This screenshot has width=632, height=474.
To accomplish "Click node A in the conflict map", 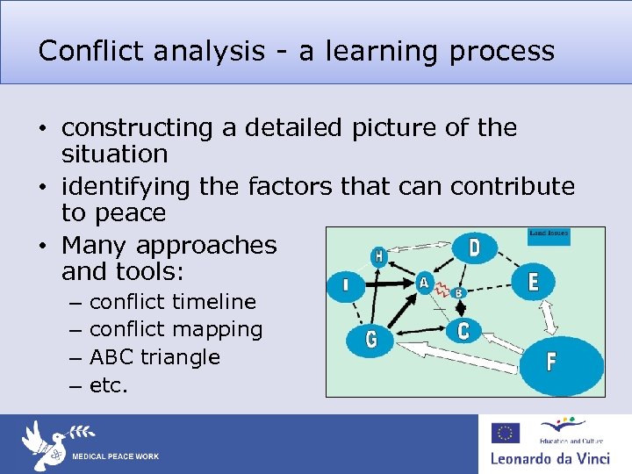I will (424, 283).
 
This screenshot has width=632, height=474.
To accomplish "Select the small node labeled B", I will (457, 292).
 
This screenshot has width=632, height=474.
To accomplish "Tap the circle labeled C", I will (463, 330).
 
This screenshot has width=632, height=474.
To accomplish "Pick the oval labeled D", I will (475, 248).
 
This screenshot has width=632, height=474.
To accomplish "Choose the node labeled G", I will (371, 340).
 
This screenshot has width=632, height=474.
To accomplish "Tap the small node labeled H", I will (378, 256).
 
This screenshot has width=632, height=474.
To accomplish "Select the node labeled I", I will (344, 285).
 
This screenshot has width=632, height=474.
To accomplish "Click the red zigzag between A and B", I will (442, 288).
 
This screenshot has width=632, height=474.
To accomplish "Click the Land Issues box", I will (549, 235).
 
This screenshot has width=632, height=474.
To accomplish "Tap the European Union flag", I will (506, 434).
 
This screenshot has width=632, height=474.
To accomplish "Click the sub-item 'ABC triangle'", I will (154, 357).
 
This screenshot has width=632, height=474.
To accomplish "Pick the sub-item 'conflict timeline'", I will (172, 302).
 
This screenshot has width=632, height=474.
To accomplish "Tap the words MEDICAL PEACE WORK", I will (115, 457).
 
